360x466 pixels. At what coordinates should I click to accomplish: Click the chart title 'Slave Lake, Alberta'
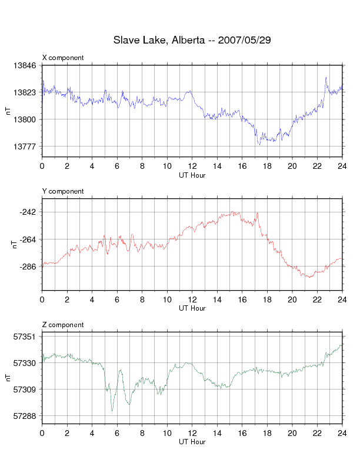(x=158, y=41)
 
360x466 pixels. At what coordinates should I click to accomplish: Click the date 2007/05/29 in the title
(x=244, y=41)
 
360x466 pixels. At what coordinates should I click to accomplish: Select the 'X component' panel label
(x=63, y=58)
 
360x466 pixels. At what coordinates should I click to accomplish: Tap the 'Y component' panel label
(x=63, y=191)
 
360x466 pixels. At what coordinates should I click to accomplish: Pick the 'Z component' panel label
(x=63, y=325)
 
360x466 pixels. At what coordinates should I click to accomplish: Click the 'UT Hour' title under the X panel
(x=192, y=175)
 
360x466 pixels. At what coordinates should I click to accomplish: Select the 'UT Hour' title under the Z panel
(x=192, y=442)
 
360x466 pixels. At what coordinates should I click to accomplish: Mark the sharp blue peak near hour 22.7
(x=326, y=78)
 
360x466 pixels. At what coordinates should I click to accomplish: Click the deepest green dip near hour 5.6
(x=112, y=411)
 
